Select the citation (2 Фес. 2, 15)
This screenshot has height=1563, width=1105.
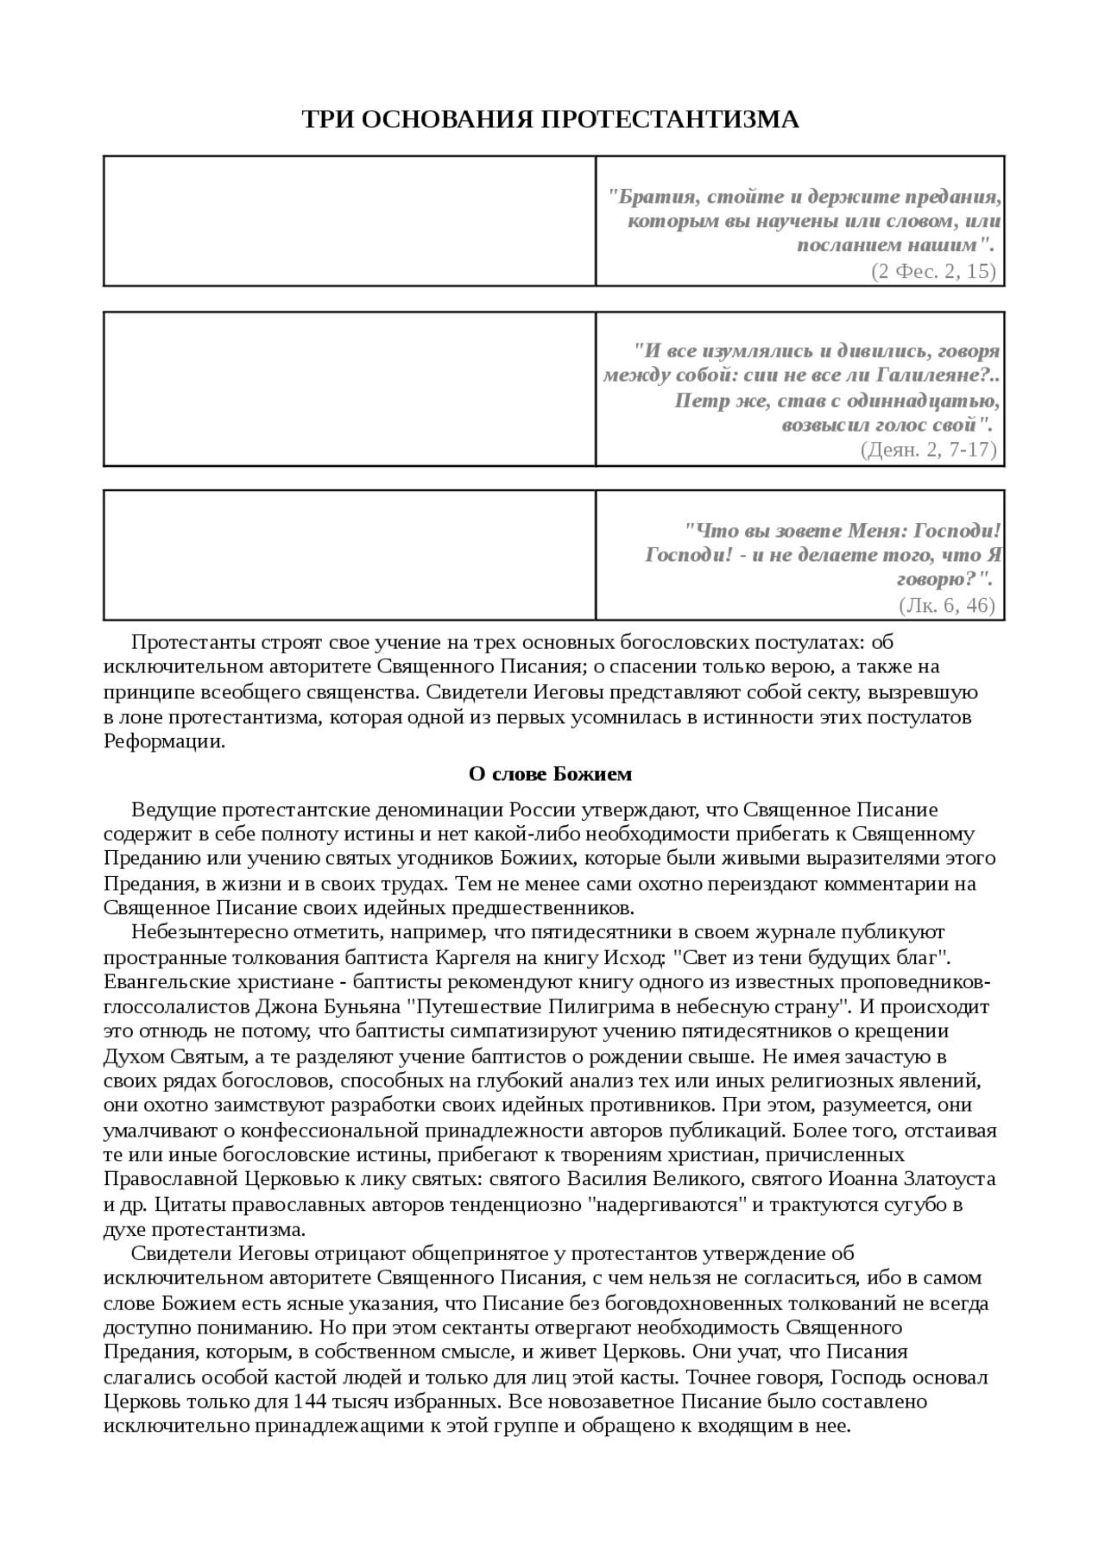[x=933, y=271]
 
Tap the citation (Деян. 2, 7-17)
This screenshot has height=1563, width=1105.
[x=928, y=450]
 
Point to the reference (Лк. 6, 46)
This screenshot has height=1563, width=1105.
[x=947, y=605]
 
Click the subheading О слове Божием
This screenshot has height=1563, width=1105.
[x=550, y=774]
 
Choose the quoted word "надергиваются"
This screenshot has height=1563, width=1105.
[x=667, y=1204]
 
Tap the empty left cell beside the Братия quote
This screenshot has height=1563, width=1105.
[x=350, y=221]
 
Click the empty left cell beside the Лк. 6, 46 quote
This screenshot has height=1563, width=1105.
[x=350, y=555]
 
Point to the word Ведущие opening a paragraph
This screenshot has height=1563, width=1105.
[x=173, y=810]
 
